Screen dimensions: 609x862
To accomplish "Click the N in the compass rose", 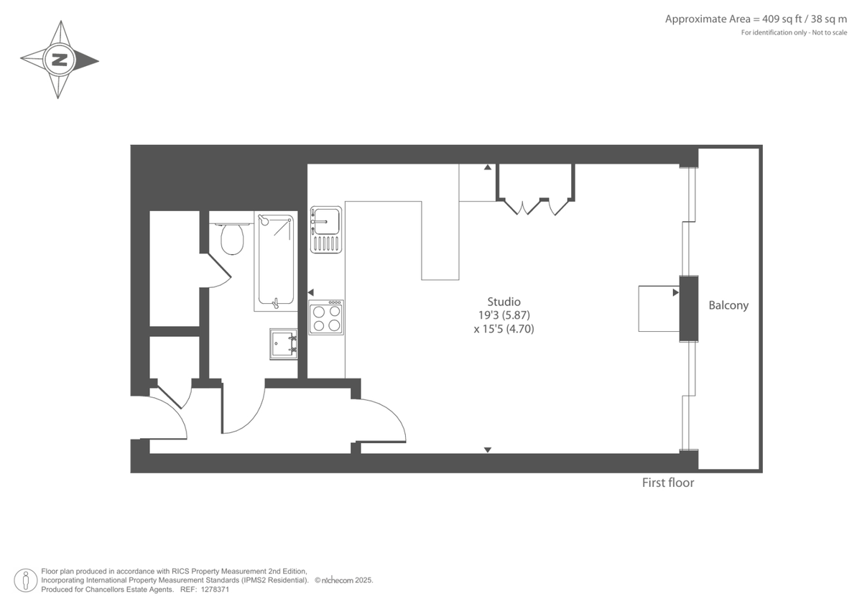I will click(x=59, y=60).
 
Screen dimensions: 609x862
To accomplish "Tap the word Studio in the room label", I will click(x=504, y=302).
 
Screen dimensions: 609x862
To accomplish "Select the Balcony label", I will click(x=728, y=305).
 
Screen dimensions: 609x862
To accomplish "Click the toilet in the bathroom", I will click(x=232, y=239).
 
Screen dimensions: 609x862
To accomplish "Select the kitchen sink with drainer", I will click(x=326, y=229).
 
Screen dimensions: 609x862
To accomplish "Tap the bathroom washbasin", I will click(x=284, y=343).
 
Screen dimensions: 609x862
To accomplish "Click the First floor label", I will click(x=668, y=483).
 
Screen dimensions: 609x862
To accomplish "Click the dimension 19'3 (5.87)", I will click(x=503, y=315).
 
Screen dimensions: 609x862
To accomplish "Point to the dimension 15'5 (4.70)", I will click(x=504, y=329).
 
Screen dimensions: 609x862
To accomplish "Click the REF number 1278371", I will click(x=214, y=589).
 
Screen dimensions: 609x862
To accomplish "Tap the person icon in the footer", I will click(x=26, y=580).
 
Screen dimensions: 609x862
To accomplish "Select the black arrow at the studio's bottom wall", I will click(x=487, y=450).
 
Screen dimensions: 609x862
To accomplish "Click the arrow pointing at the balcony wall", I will click(x=675, y=292).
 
